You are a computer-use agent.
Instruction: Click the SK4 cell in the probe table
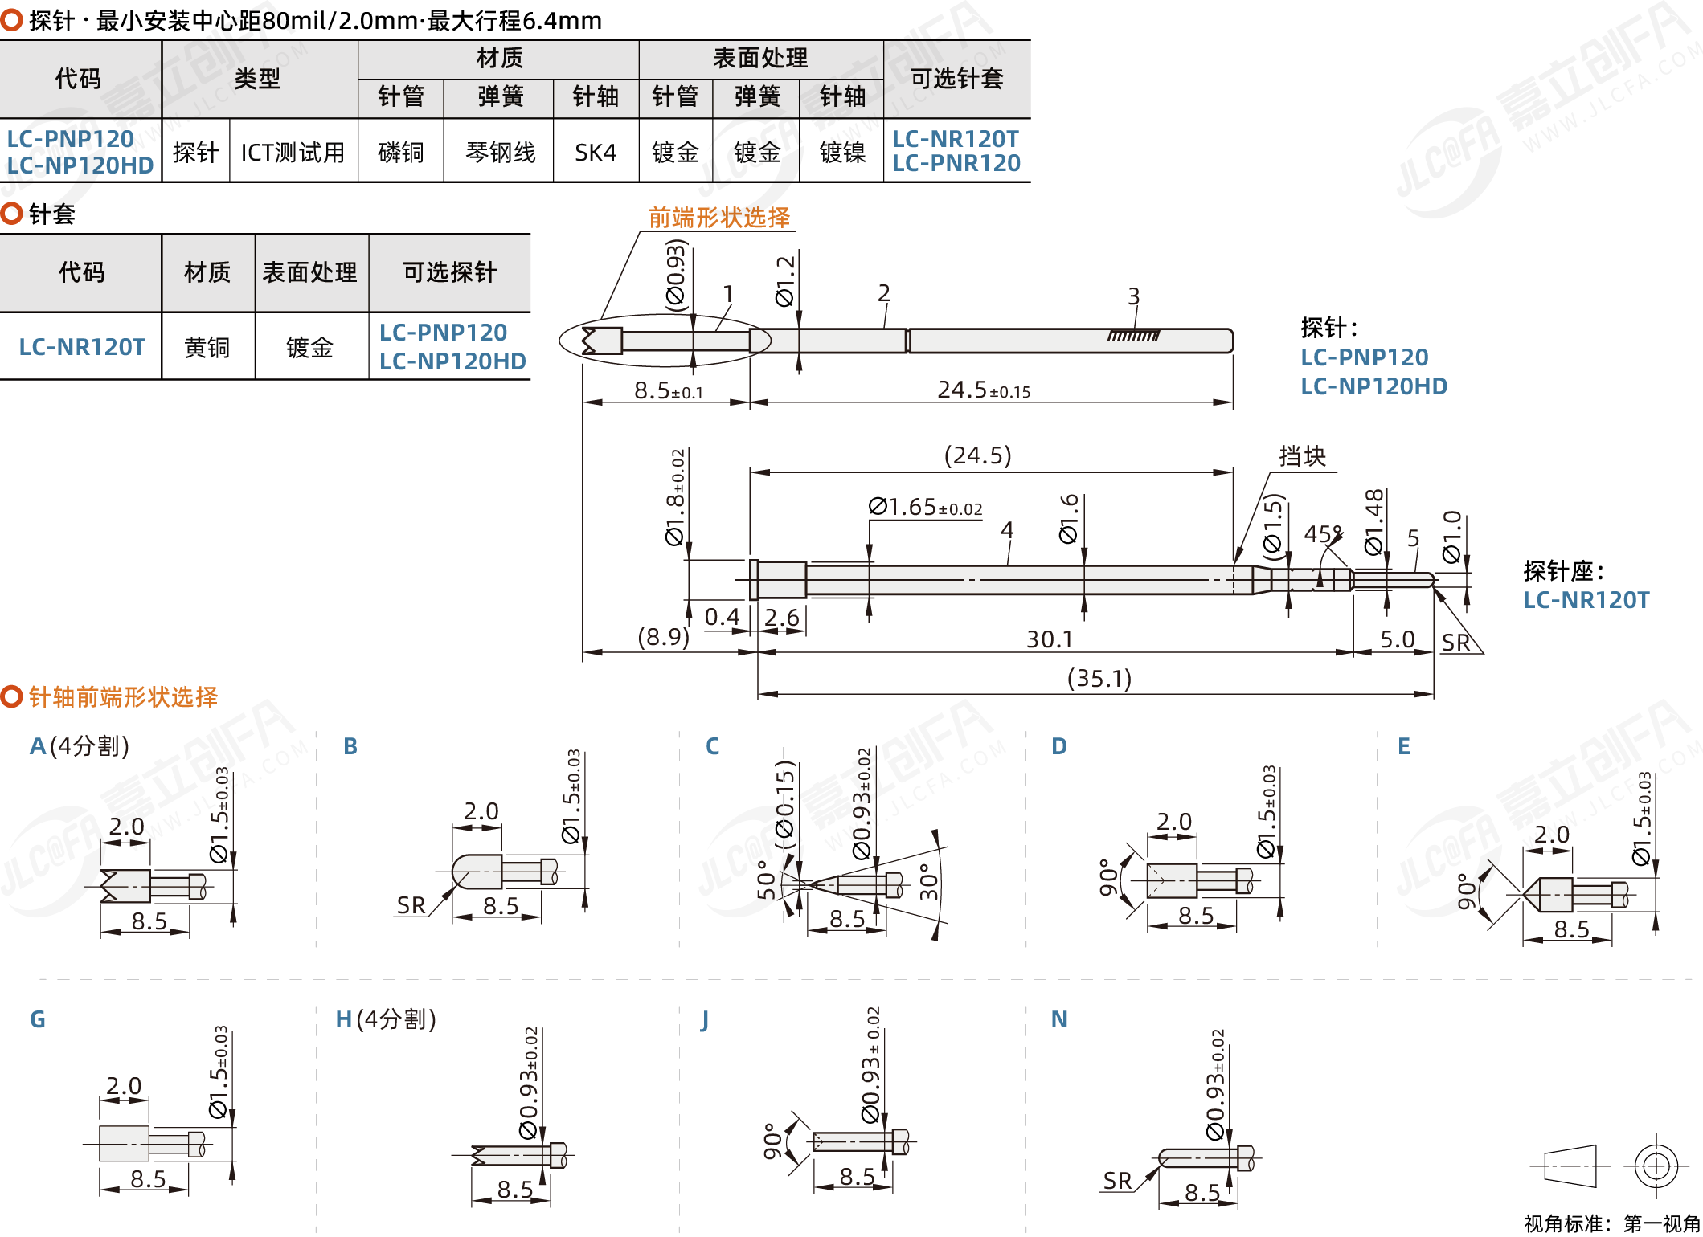pos(596,152)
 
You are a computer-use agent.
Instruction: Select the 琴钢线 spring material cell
pos(500,152)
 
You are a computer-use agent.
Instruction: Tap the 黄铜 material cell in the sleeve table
pos(207,347)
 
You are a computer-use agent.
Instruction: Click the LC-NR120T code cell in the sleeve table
pos(82,347)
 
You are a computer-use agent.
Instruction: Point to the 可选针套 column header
pos(956,79)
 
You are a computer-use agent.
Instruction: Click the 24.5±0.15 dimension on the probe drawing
pos(984,390)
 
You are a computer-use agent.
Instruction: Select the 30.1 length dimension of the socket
pos(1050,639)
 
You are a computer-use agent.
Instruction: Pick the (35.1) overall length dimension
pos(1099,679)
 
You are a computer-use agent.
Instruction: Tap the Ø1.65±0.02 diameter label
pos(925,507)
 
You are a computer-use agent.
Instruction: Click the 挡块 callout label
pos(1302,456)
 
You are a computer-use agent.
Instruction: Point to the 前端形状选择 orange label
pos(719,218)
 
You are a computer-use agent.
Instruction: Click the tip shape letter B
pos(350,746)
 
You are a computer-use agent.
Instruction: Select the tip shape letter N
pos(1059,1019)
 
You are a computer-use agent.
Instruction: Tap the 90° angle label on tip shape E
pos(1467,892)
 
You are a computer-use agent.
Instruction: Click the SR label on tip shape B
pos(411,905)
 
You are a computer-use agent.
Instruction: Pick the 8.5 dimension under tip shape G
pos(148,1179)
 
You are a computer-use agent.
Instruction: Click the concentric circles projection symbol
pos(1656,1166)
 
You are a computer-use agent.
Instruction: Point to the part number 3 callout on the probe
pos(1133,296)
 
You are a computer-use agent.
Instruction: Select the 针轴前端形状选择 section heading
pos(123,696)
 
